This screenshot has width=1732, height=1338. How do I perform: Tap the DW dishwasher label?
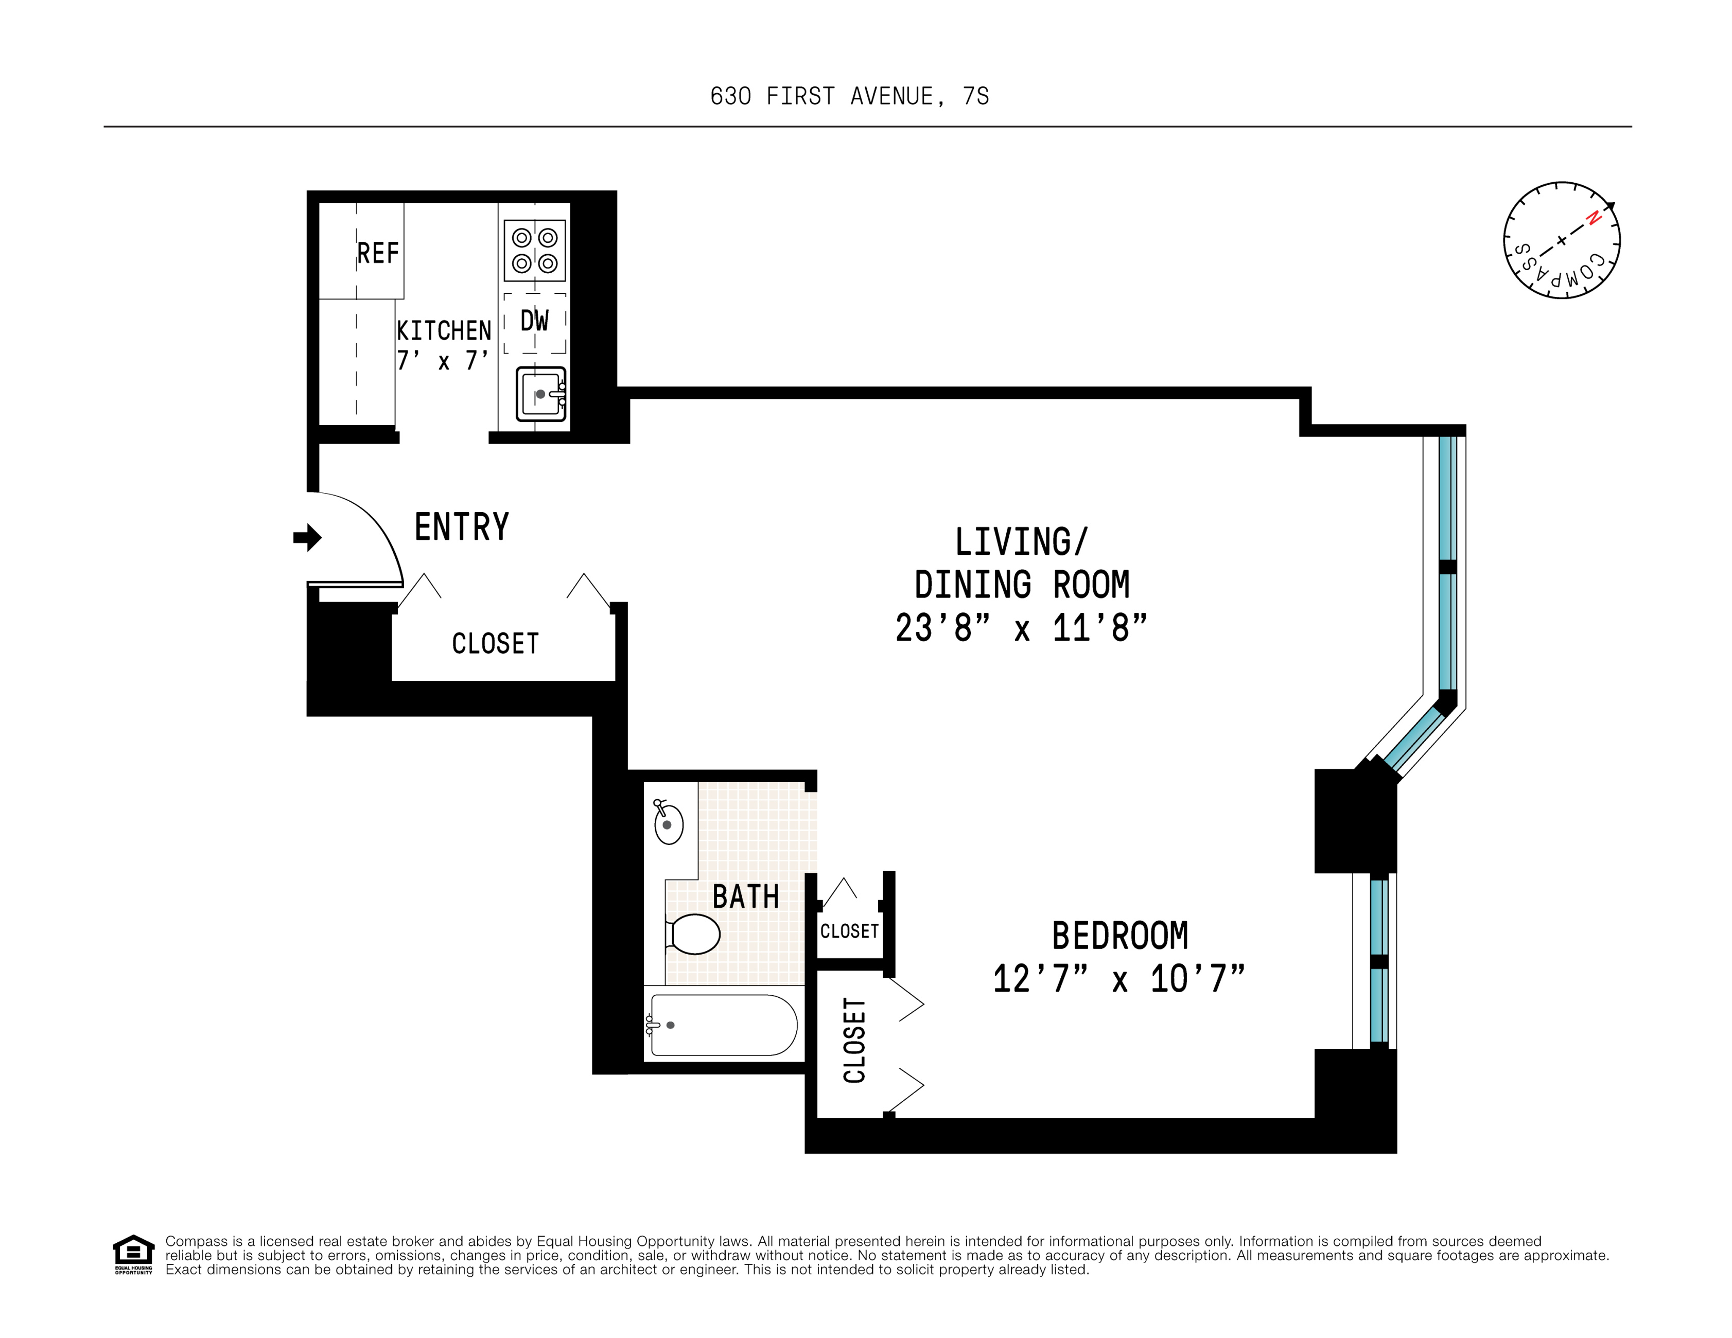pyautogui.click(x=534, y=321)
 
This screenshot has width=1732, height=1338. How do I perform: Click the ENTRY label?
pyautogui.click(x=462, y=527)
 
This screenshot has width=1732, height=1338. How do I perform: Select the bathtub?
pyautogui.click(x=722, y=1025)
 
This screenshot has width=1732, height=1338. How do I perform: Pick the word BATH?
pyautogui.click(x=745, y=897)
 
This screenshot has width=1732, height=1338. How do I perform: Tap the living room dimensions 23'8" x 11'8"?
pyautogui.click(x=1021, y=628)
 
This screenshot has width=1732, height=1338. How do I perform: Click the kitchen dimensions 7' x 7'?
pyautogui.click(x=443, y=361)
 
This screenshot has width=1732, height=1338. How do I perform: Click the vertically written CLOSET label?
pyautogui.click(x=854, y=1040)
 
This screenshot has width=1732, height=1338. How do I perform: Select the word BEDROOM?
pyautogui.click(x=1120, y=936)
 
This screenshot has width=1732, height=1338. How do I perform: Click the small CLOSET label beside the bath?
pyautogui.click(x=849, y=931)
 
